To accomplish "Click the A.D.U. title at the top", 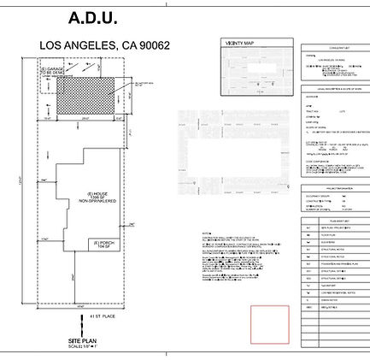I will pos(92,18).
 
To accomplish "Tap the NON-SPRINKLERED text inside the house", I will pos(97,201).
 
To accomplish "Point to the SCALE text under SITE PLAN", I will pos(82,346).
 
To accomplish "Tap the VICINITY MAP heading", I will pos(238,43).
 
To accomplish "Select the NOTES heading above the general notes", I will pos(206,233).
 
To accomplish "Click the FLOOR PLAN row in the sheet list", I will pos(328,234).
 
